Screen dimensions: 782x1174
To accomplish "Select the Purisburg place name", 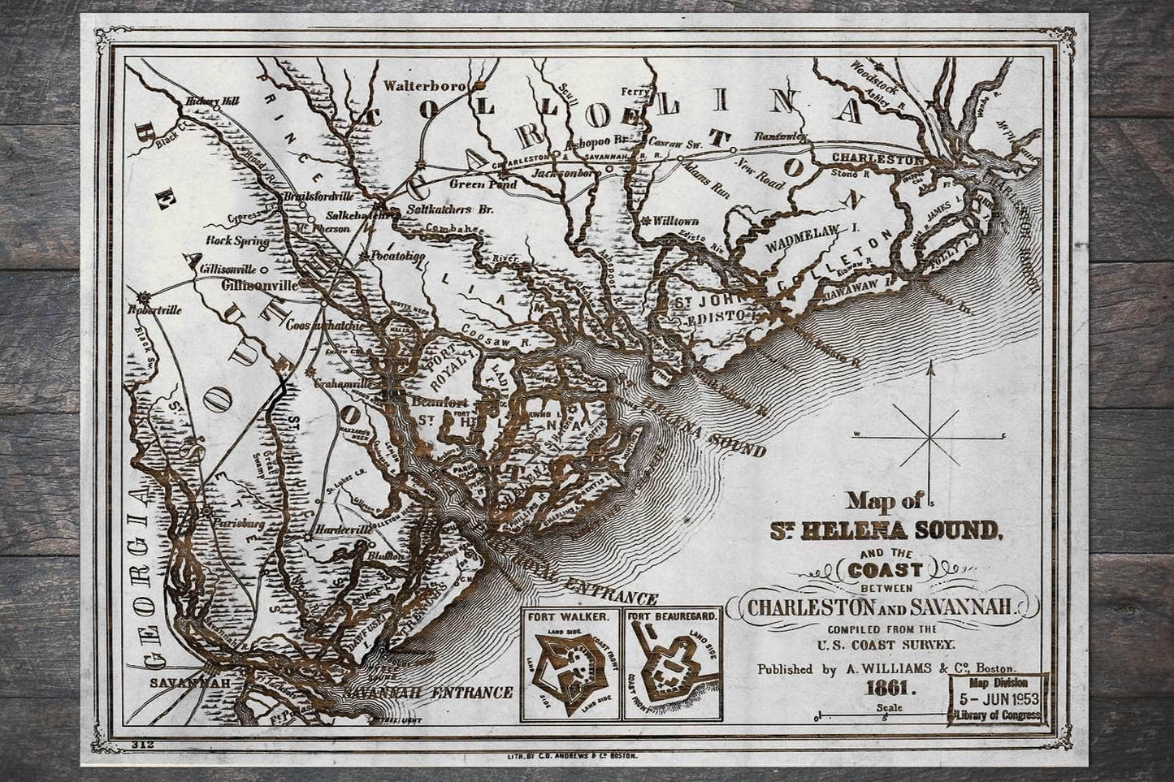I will pyautogui.click(x=238, y=525).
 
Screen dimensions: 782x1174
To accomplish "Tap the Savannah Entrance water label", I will pyautogui.click(x=427, y=693).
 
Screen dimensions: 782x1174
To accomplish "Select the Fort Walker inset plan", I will pyautogui.click(x=570, y=663).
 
